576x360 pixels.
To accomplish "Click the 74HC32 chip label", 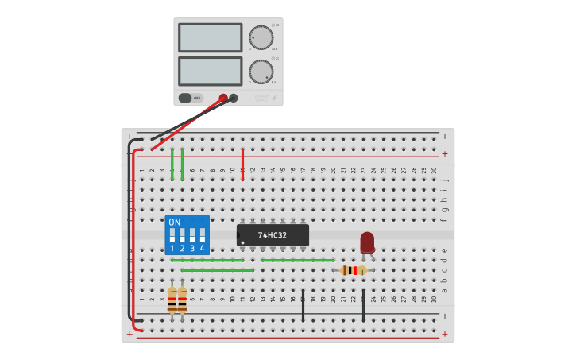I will pyautogui.click(x=273, y=235).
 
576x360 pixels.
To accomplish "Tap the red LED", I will pyautogui.click(x=367, y=242).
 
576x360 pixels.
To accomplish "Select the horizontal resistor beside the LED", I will pyautogui.click(x=353, y=270).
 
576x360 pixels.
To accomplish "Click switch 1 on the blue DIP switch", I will pyautogui.click(x=172, y=235).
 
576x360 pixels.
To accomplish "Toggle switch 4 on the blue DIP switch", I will pyautogui.click(x=203, y=235).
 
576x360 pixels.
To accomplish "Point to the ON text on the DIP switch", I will pyautogui.click(x=175, y=222).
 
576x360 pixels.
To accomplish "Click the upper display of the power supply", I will pyautogui.click(x=211, y=37).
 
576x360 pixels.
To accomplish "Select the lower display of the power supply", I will pyautogui.click(x=211, y=72).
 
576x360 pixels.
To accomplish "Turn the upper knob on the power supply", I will pyautogui.click(x=261, y=37).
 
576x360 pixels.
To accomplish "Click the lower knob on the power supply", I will pyautogui.click(x=261, y=72).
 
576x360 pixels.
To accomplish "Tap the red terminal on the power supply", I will pyautogui.click(x=223, y=99).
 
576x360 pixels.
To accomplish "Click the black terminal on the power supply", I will pyautogui.click(x=234, y=99).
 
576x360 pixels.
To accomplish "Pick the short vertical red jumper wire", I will pyautogui.click(x=242, y=164).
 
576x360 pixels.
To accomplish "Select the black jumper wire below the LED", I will pyautogui.click(x=363, y=305).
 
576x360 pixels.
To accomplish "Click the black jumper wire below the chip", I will pyautogui.click(x=303, y=305).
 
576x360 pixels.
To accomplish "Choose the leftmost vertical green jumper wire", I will pyautogui.click(x=172, y=164).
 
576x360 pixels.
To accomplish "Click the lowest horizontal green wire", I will pyautogui.click(x=217, y=270).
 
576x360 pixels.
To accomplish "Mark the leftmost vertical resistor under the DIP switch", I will pyautogui.click(x=172, y=300).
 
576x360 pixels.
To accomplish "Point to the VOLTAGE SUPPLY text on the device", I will pyautogui.click(x=262, y=97).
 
